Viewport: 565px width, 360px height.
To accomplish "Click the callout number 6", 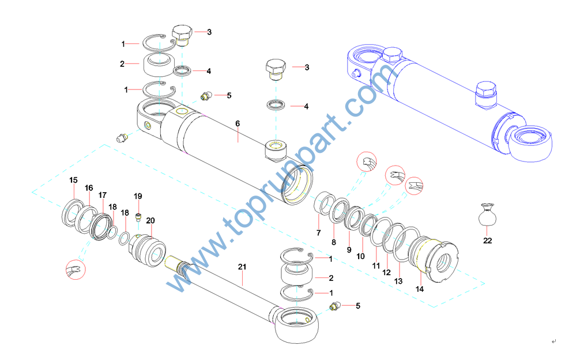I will click(237, 123).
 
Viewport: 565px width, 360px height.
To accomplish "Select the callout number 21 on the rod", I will click(242, 267).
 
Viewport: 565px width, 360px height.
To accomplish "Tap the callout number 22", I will click(488, 241).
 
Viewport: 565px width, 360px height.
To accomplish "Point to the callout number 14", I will click(420, 288).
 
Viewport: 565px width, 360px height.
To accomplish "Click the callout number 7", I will click(318, 232).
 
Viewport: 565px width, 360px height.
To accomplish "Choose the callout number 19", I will click(138, 196).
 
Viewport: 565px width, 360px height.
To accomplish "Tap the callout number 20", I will click(150, 220).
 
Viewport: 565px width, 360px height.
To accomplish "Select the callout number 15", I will click(73, 181).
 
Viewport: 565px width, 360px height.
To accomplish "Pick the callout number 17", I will click(102, 194).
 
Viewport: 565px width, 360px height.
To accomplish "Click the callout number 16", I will click(89, 188).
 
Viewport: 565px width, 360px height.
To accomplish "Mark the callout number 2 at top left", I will click(122, 64).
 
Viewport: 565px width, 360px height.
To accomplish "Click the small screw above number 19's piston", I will click(138, 217).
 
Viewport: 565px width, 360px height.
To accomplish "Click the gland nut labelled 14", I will click(435, 260).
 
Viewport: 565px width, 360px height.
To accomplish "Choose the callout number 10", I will click(361, 256).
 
